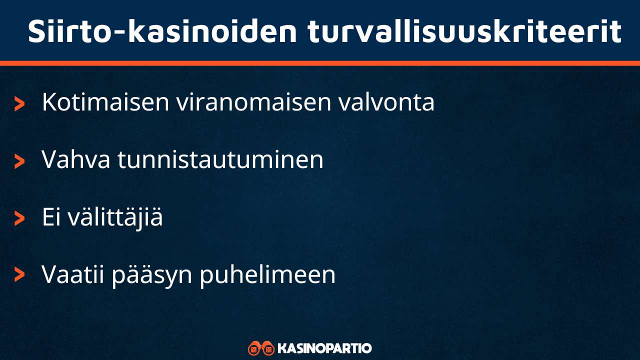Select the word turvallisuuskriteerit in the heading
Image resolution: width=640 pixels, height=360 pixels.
[464, 31]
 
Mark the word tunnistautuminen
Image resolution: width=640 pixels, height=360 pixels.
[220, 160]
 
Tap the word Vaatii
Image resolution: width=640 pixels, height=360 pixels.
[73, 274]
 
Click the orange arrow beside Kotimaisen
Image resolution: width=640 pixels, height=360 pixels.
[19, 104]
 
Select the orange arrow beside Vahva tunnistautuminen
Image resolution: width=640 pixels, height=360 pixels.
[19, 161]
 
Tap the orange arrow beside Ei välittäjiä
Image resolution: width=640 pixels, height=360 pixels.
[19, 218]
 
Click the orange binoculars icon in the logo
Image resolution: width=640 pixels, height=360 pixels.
[261, 348]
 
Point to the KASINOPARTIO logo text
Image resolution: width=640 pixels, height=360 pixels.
[324, 348]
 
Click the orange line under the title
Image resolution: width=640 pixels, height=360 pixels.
[320, 63]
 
